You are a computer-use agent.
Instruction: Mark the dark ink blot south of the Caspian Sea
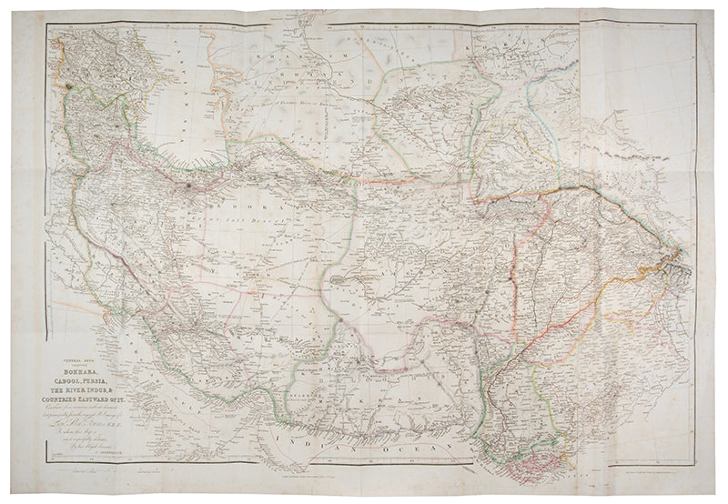188,188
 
